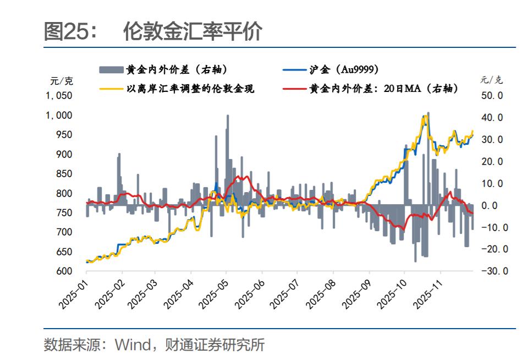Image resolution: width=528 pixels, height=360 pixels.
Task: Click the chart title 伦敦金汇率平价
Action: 192,32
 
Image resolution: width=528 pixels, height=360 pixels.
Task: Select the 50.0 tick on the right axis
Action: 493,96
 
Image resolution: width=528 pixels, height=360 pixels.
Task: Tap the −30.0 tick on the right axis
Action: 491,271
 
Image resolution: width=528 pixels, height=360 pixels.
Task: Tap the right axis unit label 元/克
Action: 491,80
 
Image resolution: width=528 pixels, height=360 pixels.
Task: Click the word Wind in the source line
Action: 132,345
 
